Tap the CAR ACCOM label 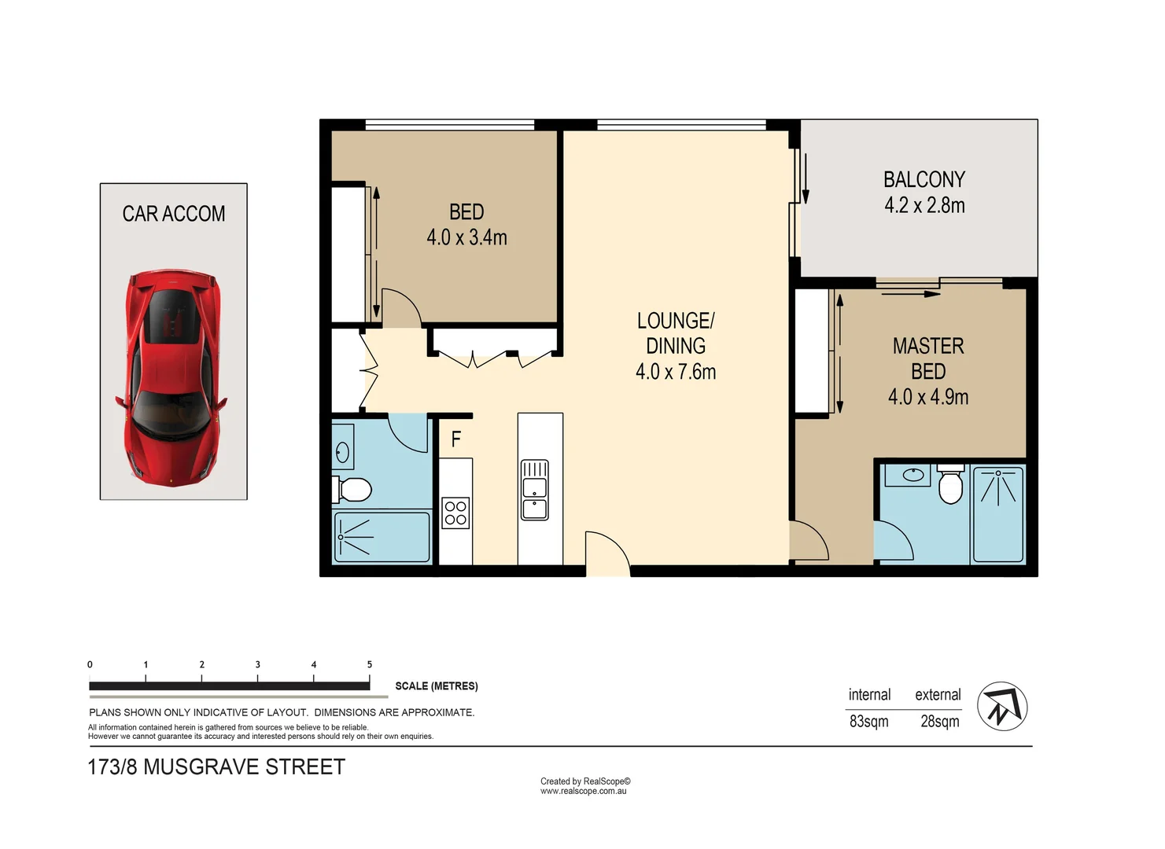[173, 214]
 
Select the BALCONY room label [924, 180]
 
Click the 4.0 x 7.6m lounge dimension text [676, 372]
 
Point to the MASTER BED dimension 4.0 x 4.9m [927, 397]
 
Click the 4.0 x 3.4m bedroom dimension [466, 237]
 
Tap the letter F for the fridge [455, 439]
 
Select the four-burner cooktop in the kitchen [455, 513]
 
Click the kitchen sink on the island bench [535, 490]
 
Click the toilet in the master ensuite [950, 485]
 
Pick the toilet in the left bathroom [352, 490]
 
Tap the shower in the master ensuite [998, 513]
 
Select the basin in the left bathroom [343, 452]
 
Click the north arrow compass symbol [1002, 706]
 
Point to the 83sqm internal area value [868, 721]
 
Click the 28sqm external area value [939, 721]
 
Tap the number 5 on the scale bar [370, 665]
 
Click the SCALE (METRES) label [436, 686]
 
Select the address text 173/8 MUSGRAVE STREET [216, 767]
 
